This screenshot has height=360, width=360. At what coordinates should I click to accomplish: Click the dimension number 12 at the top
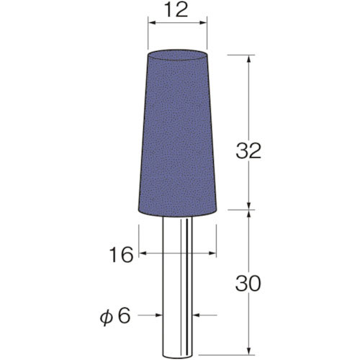tap(177, 10)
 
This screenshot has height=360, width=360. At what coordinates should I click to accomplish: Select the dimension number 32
tap(248, 151)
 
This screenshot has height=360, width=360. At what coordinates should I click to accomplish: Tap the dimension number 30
tap(248, 284)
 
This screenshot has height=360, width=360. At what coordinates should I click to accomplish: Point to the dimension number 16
tap(121, 254)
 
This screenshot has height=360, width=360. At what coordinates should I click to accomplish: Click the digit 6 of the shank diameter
tap(124, 315)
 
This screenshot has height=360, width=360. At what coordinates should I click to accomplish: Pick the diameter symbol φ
tap(106, 318)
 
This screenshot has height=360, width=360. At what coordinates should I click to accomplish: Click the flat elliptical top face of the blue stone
tap(177, 55)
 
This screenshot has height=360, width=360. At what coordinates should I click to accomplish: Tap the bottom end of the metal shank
tap(177, 356)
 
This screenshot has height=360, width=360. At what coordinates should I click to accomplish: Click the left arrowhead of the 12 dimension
tap(152, 23)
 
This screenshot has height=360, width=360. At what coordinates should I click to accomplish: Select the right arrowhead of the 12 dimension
tap(203, 23)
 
